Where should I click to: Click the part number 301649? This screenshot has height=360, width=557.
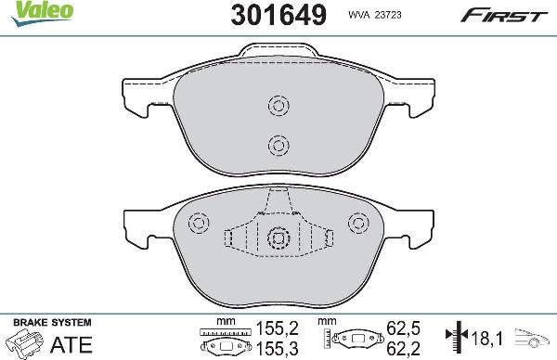[x=273, y=14]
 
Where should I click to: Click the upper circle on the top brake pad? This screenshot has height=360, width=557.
[x=277, y=105]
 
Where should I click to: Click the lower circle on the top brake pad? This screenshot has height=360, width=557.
[x=277, y=144]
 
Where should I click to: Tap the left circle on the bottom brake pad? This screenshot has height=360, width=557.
[x=197, y=224]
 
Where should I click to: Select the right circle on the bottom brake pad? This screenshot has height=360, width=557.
[x=357, y=224]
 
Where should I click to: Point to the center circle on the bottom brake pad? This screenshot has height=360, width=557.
[x=277, y=238]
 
